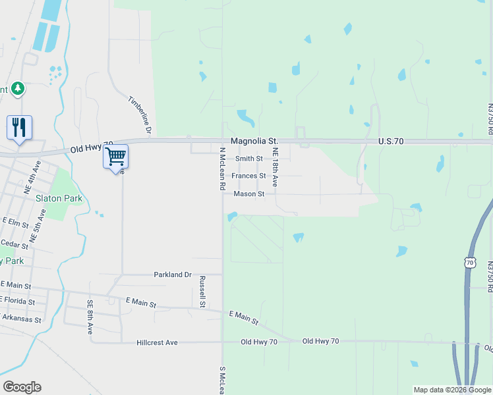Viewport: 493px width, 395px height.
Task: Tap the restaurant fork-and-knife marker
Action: coord(19,127)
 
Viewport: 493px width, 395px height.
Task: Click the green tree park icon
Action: coord(18,88)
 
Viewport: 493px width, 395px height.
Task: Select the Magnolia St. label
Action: coord(254,142)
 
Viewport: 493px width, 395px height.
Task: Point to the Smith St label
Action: coord(249,159)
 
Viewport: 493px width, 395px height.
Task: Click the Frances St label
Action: coord(248,176)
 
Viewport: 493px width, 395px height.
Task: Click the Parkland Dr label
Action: coord(172,275)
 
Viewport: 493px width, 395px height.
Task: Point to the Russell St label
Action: coord(203,292)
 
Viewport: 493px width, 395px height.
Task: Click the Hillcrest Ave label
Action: coord(158,343)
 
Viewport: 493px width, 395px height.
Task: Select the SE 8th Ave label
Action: coord(90,317)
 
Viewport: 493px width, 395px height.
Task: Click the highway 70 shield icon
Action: coord(469,263)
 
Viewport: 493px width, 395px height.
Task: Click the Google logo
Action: coord(22,387)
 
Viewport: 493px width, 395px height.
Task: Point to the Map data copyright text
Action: coord(452,390)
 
